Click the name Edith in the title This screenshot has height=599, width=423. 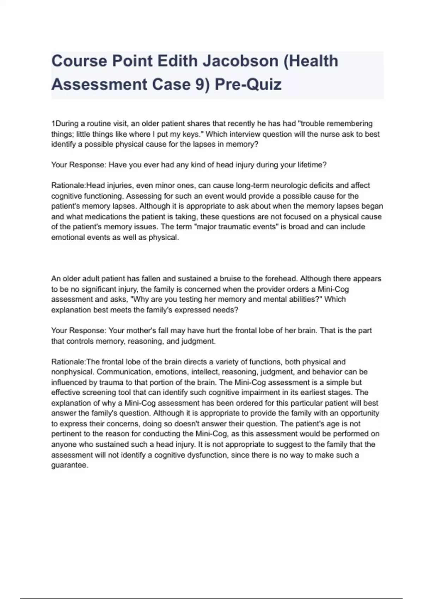[x=177, y=61]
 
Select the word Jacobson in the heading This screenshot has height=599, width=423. [x=240, y=61]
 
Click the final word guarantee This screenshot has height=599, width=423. [x=69, y=465]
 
